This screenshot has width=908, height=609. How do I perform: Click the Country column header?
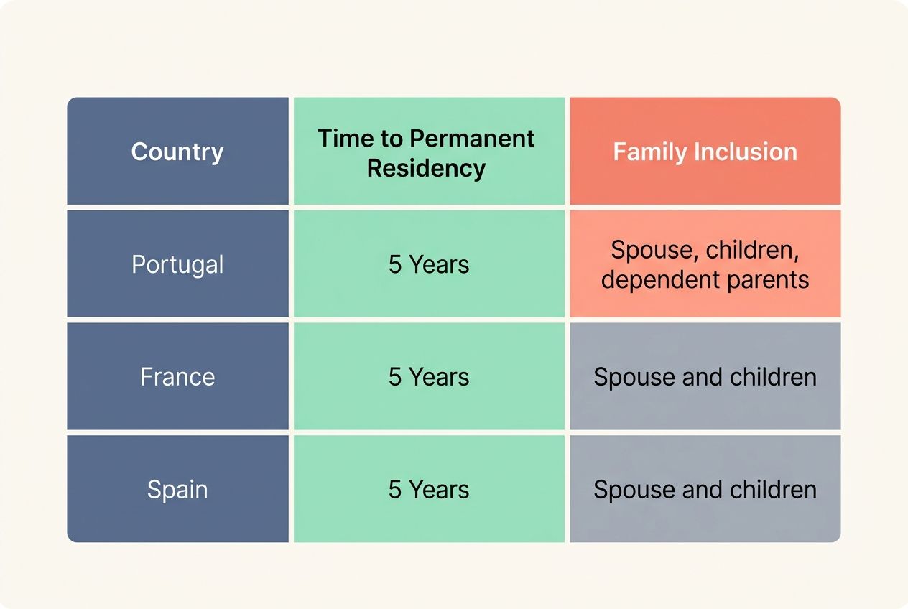coord(177,152)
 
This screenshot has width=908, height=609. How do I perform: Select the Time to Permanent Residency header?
coord(426,152)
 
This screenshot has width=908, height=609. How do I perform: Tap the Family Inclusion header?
coord(705,152)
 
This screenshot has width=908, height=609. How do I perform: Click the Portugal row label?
coord(177,264)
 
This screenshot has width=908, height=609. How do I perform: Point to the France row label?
coord(177,377)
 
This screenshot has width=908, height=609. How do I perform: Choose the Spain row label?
coord(177,489)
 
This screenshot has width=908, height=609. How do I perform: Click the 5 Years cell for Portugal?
coord(429,264)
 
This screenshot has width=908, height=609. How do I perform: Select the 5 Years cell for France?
coord(429,377)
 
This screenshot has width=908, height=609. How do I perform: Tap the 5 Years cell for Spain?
coord(429,489)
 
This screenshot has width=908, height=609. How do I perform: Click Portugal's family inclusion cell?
coord(705,264)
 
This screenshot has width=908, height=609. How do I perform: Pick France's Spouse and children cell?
coord(705,377)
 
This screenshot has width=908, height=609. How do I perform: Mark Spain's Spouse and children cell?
coord(705,489)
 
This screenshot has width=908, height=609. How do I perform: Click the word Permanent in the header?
coord(472,138)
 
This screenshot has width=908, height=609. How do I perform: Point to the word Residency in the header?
coord(426,168)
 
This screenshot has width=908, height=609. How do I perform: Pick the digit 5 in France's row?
coord(395,377)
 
